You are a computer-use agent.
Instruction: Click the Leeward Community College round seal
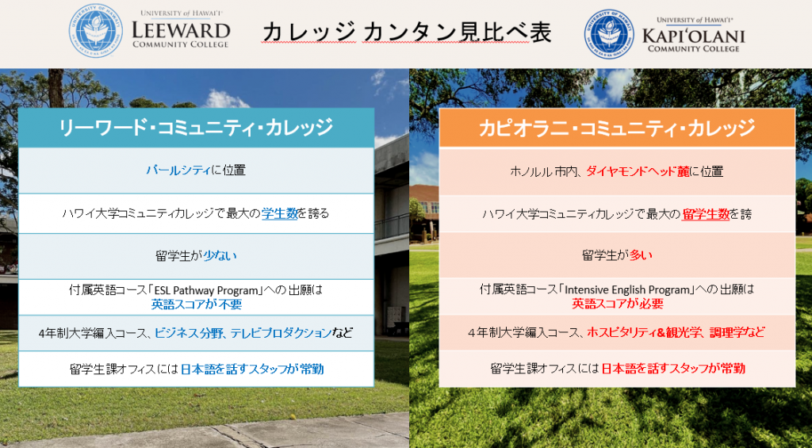pyautogui.click(x=96, y=31)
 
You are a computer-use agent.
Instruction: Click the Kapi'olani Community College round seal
pyautogui.click(x=610, y=33)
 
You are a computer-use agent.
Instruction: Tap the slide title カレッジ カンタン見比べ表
pyautogui.click(x=407, y=33)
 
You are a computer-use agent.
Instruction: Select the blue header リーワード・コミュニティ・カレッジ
pyautogui.click(x=197, y=128)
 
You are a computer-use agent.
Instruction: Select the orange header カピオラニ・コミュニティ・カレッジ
pyautogui.click(x=617, y=128)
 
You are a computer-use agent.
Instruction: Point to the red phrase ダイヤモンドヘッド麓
pyautogui.click(x=638, y=171)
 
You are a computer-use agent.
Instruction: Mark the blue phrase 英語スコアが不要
pyautogui.click(x=197, y=304)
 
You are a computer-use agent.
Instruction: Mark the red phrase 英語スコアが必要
pyautogui.click(x=617, y=304)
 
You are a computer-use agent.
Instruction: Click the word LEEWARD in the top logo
pyautogui.click(x=181, y=29)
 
